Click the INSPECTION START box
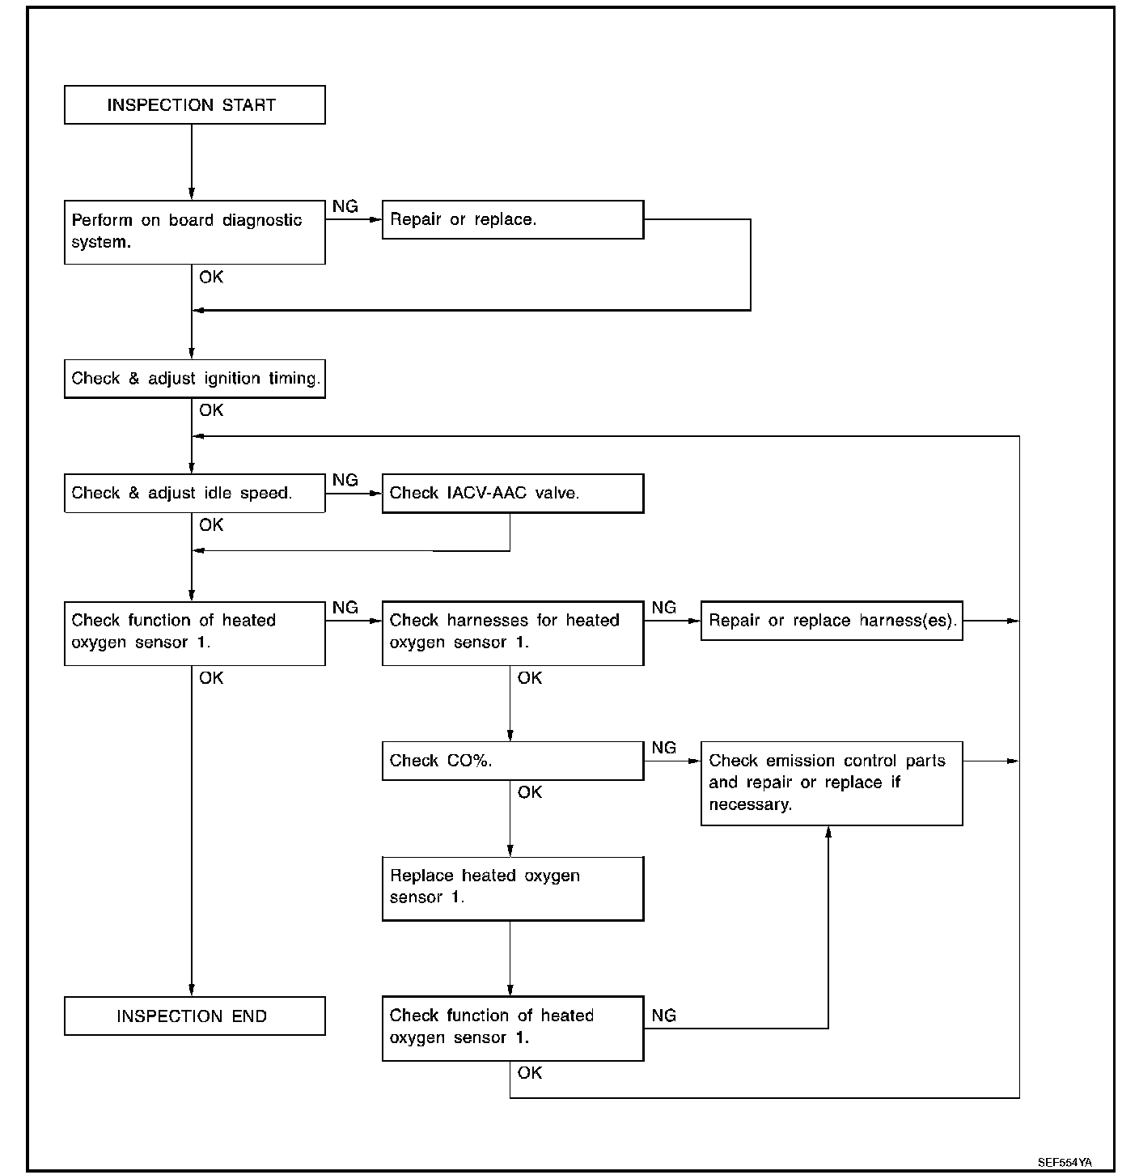coord(194,105)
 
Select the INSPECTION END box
coord(194,1016)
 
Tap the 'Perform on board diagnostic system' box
coord(194,232)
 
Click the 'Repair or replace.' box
coord(512,219)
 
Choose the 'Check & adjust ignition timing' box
coord(194,379)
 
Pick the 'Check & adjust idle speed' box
coord(194,493)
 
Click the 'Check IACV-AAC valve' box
coord(512,493)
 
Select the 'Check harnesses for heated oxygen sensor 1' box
coord(512,633)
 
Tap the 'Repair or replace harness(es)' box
coord(831,620)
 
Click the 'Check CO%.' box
coord(512,760)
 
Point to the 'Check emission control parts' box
coord(831,783)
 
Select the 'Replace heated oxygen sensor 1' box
coord(512,889)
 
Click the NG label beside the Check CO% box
coord(663,748)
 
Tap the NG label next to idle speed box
coord(345,480)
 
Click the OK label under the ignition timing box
coord(211,410)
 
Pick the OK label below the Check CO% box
coord(529,792)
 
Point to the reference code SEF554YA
coord(1065,1162)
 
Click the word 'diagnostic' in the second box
coord(262,220)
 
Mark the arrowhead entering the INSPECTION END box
coord(192,990)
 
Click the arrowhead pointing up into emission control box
coord(828,832)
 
